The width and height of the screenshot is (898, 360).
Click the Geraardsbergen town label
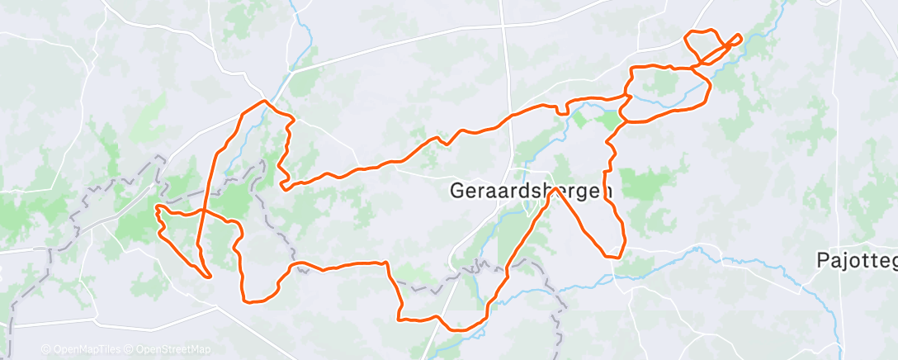532,191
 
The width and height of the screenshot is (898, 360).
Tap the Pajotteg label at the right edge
856,260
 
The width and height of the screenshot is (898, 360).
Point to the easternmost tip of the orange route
740,36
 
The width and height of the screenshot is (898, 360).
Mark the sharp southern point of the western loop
211,277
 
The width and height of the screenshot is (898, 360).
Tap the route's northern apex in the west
265,102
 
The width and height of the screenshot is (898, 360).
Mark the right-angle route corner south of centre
386,263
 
